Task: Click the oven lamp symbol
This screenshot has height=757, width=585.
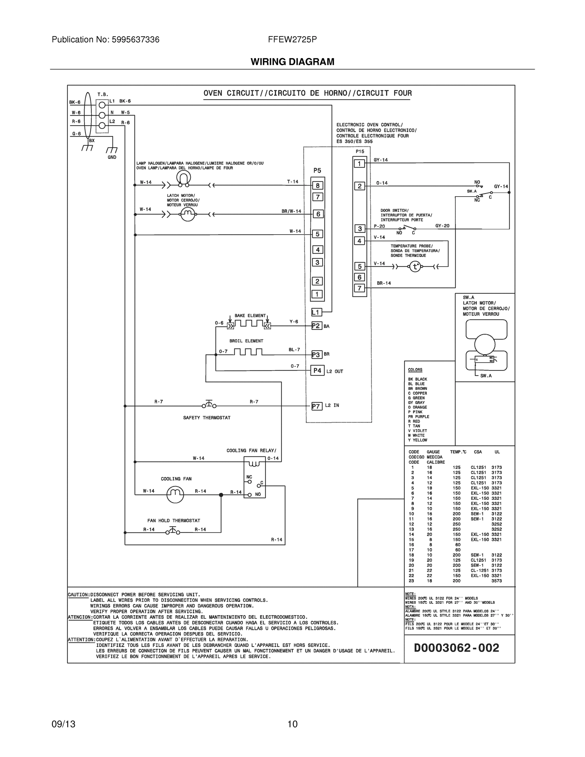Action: point(183,178)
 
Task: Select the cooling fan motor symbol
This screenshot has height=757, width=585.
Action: point(175,494)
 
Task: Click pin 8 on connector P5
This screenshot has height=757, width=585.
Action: point(318,185)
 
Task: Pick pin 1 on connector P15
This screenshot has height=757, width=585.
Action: point(360,164)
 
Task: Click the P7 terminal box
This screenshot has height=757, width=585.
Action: point(316,406)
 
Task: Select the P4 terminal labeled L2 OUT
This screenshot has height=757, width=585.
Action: point(317,371)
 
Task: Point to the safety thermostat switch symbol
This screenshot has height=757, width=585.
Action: point(209,404)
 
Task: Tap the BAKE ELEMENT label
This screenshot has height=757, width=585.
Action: point(250,316)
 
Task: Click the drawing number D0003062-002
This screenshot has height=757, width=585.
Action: point(456,648)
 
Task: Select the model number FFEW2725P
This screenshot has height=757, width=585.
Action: point(292,39)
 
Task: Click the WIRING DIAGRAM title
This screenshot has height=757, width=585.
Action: point(292,62)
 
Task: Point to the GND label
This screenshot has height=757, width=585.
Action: point(112,157)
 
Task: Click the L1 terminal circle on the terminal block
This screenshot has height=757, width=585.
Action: point(102,105)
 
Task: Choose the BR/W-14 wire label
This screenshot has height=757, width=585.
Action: point(291,211)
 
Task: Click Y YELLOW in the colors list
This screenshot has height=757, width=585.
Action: point(417,440)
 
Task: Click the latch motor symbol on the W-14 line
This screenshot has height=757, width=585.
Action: point(188,214)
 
